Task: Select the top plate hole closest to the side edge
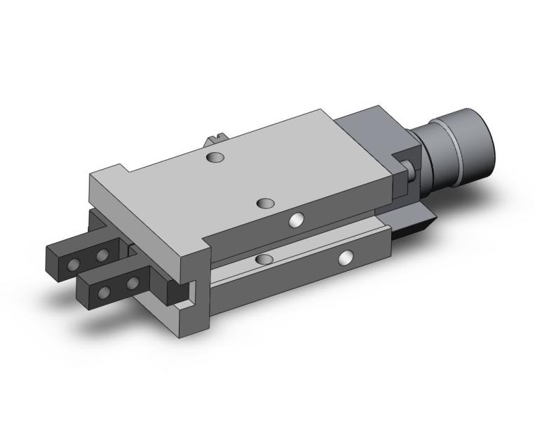(x=265, y=203)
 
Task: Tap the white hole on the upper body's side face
(x=297, y=221)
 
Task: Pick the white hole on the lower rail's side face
(x=344, y=258)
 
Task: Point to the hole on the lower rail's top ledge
(x=264, y=260)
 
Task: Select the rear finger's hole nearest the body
(x=102, y=254)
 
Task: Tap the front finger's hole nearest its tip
(x=105, y=293)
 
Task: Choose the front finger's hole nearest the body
(x=133, y=283)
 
